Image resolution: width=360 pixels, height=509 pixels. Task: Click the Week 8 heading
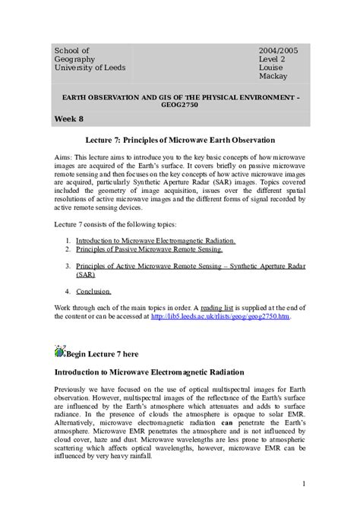pos(70,120)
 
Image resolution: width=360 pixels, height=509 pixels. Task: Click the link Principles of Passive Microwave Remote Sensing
pos(138,249)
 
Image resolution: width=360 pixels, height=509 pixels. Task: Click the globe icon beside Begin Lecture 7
pos(60,350)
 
